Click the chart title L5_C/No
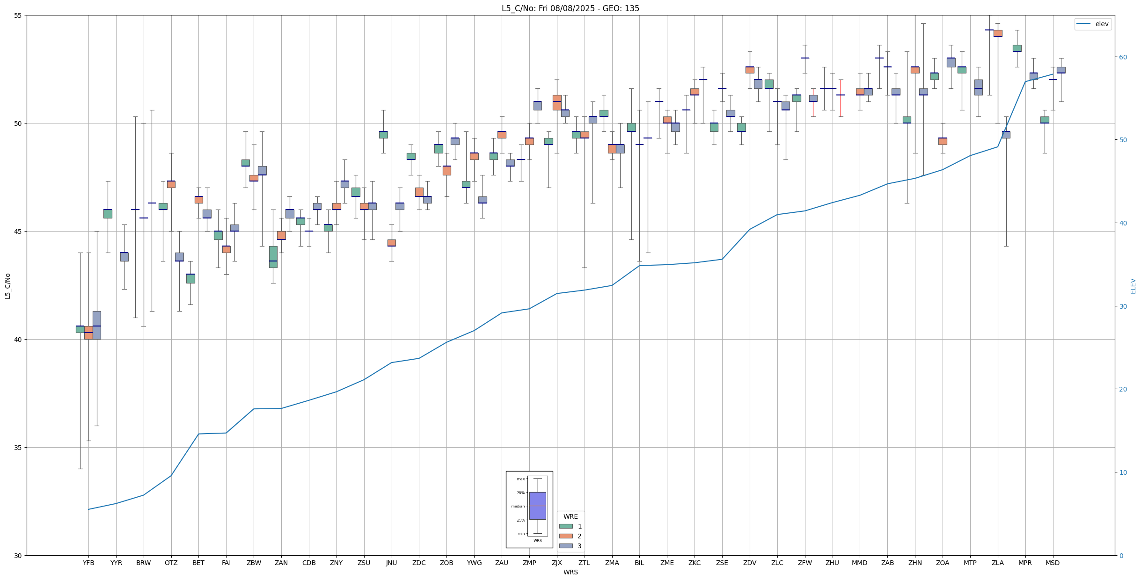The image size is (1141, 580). pyautogui.click(x=570, y=8)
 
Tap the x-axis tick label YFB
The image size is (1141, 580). pyautogui.click(x=88, y=563)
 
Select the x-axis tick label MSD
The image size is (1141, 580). pyautogui.click(x=1053, y=563)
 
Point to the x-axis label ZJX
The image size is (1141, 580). pyautogui.click(x=557, y=563)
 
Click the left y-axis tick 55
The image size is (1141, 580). pyautogui.click(x=18, y=15)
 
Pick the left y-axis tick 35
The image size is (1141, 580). pyautogui.click(x=18, y=448)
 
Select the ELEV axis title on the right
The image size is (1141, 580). pyautogui.click(x=1133, y=286)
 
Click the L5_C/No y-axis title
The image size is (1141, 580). pyautogui.click(x=7, y=286)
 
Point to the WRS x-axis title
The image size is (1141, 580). pyautogui.click(x=570, y=572)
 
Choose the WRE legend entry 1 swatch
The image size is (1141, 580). pyautogui.click(x=566, y=526)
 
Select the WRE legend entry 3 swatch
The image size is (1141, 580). pyautogui.click(x=566, y=546)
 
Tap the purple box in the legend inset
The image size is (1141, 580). pyautogui.click(x=537, y=506)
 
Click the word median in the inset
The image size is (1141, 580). pyautogui.click(x=518, y=506)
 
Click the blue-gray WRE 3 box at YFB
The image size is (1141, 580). pyautogui.click(x=97, y=325)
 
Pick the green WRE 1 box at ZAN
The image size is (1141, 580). pyautogui.click(x=273, y=257)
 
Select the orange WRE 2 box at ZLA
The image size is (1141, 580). pyautogui.click(x=998, y=33)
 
